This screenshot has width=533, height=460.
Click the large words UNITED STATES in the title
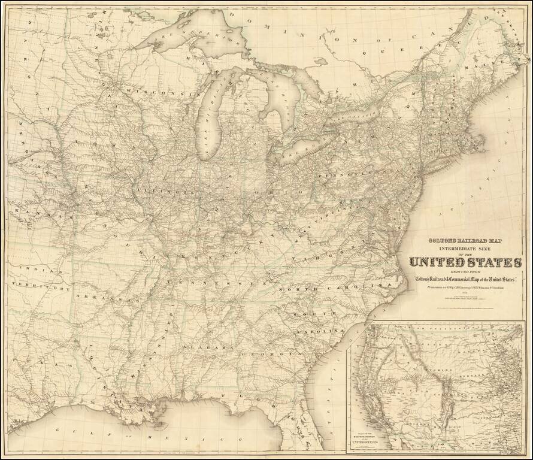click(x=465, y=262)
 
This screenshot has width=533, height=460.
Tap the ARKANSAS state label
click(x=105, y=297)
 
